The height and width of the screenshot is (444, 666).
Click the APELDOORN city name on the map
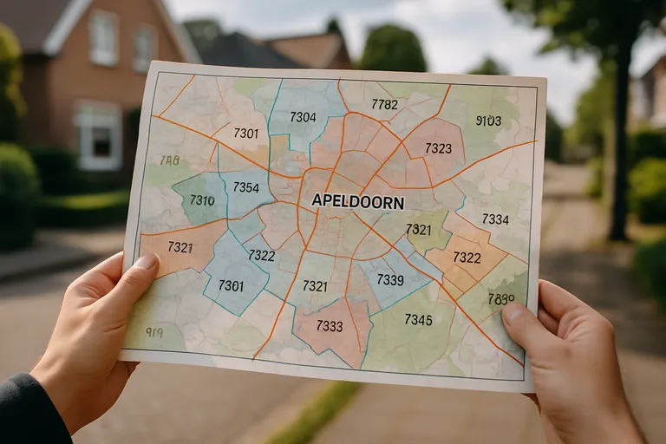click(x=357, y=200)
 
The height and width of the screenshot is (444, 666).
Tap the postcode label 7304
click(x=303, y=117)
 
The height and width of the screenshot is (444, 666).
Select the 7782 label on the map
click(x=384, y=104)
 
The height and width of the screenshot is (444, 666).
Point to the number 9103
click(x=488, y=121)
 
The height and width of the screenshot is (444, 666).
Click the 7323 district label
click(x=438, y=148)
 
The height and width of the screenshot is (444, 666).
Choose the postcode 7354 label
click(x=245, y=187)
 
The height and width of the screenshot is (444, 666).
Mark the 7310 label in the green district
click(x=202, y=200)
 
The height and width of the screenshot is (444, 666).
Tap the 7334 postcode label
click(x=495, y=219)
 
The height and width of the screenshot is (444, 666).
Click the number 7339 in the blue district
click(x=390, y=280)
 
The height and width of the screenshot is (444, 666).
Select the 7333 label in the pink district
click(x=330, y=326)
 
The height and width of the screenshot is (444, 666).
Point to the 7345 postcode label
click(x=418, y=320)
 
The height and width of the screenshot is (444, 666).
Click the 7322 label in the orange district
click(x=467, y=258)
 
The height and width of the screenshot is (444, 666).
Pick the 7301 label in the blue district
click(x=231, y=285)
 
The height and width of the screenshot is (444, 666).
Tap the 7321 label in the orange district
click(x=180, y=247)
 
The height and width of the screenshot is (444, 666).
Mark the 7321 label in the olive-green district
click(x=418, y=230)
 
